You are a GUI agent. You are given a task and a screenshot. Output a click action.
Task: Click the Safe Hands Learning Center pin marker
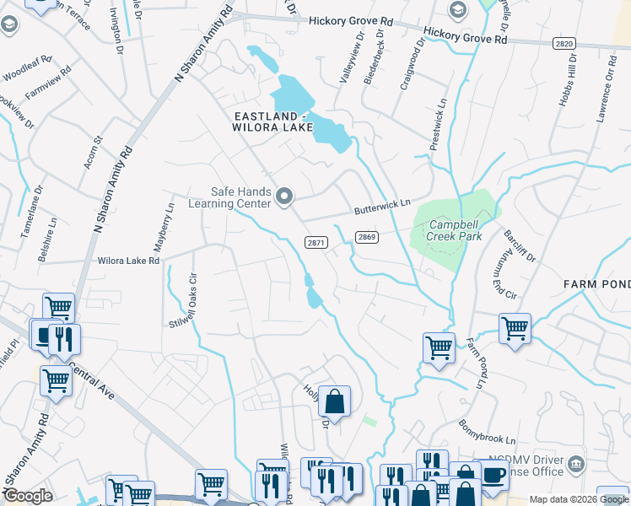284,198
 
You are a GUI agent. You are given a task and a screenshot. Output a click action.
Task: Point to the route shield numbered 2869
366,238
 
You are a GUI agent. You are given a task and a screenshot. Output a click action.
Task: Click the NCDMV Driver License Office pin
576,463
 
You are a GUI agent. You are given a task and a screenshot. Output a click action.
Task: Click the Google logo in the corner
28,496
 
